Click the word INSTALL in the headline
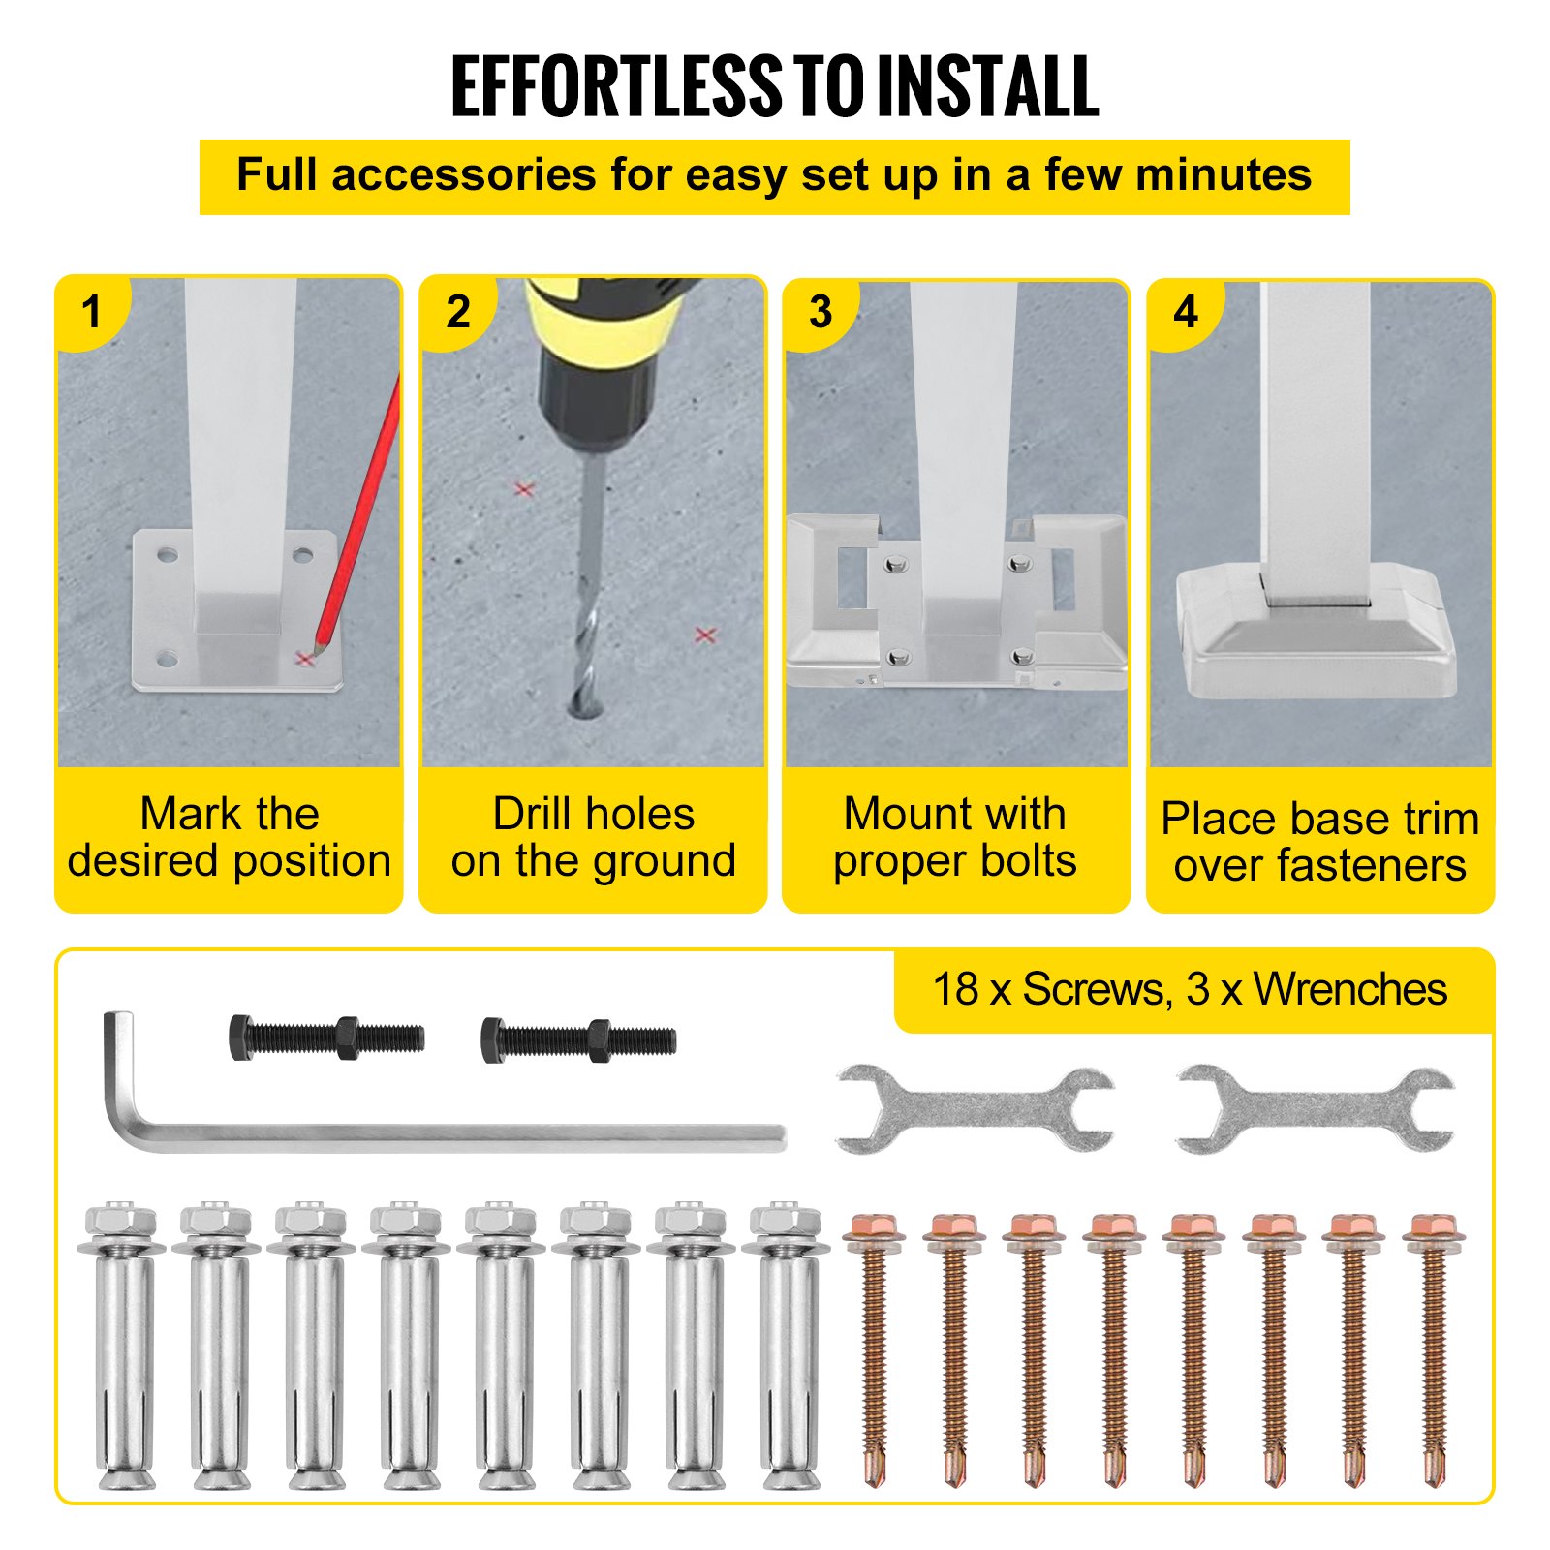pos(988,86)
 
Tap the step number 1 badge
pos(92,312)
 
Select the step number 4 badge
pos(1186,312)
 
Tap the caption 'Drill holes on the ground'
pos(594,837)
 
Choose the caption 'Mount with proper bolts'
pos(955,837)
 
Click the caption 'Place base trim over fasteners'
pos(1320,842)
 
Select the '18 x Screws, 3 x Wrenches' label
pos(1190,989)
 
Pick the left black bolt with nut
pos(326,1038)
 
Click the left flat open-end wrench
pos(975,1109)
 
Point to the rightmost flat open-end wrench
pos(1316,1109)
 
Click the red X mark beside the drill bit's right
pos(705,635)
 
